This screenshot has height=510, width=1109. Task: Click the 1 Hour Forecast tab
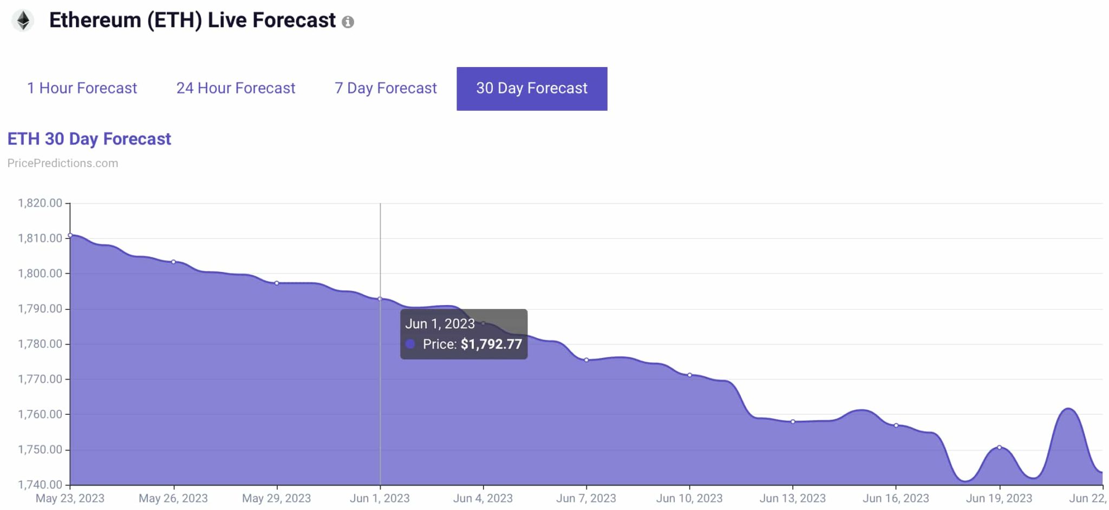pyautogui.click(x=82, y=88)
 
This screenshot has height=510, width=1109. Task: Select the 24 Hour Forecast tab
pyautogui.click(x=236, y=88)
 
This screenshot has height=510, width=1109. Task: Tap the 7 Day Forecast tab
pyautogui.click(x=386, y=88)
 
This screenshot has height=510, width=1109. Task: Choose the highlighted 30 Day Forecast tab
pyautogui.click(x=532, y=89)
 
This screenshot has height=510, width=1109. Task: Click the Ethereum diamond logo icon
pyautogui.click(x=23, y=21)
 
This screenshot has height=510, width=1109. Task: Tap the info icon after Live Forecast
pyautogui.click(x=348, y=22)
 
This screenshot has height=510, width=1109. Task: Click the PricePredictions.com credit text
pyautogui.click(x=63, y=163)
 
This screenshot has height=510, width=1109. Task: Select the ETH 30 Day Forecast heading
pyautogui.click(x=89, y=139)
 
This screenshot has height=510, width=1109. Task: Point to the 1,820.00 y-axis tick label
pyautogui.click(x=40, y=203)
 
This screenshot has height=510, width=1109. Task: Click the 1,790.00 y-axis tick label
pyautogui.click(x=40, y=309)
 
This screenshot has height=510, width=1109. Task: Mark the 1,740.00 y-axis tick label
pyautogui.click(x=40, y=485)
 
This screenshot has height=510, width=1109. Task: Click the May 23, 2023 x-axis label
pyautogui.click(x=70, y=498)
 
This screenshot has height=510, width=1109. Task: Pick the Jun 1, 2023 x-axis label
pyautogui.click(x=380, y=498)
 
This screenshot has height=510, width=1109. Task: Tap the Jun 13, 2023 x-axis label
pyautogui.click(x=792, y=498)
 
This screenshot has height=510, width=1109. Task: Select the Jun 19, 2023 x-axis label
pyautogui.click(x=999, y=498)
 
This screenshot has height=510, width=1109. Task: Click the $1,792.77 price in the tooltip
pyautogui.click(x=491, y=345)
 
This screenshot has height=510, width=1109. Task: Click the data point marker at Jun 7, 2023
pyautogui.click(x=586, y=360)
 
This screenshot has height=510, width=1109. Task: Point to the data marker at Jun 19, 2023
pyautogui.click(x=999, y=447)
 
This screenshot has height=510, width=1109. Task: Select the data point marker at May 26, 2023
pyautogui.click(x=173, y=262)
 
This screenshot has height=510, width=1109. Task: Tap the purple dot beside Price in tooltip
pyautogui.click(x=410, y=344)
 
